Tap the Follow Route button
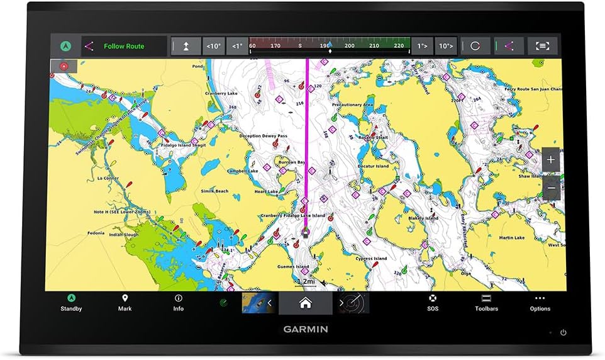124,46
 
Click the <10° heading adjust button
214,46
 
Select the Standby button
71,303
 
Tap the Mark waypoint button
125,303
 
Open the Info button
179,303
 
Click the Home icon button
305,303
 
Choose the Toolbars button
486,303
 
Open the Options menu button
540,303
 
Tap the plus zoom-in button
551,160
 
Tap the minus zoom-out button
551,188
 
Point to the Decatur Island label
373,166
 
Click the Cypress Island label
371,259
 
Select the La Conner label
108,178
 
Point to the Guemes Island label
294,266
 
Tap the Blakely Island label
423,218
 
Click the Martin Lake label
511,238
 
